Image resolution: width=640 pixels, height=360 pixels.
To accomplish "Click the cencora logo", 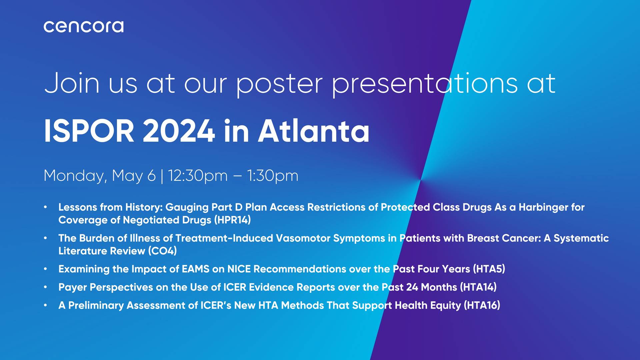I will [83, 27].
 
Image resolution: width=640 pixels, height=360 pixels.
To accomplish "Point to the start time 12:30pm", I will [197, 176].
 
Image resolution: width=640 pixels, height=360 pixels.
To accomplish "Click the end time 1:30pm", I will [272, 176].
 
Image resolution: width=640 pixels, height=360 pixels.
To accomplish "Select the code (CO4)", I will [162, 251].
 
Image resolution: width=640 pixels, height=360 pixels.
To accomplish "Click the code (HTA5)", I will [489, 269].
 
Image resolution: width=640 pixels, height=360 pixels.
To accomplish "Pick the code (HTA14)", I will [478, 287].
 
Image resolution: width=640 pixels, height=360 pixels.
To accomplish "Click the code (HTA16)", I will [482, 305].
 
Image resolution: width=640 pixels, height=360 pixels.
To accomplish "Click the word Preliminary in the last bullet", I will [96, 305].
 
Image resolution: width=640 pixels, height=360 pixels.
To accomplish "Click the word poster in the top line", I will [279, 83].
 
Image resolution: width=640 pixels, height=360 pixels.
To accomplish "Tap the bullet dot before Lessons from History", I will [45, 207].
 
